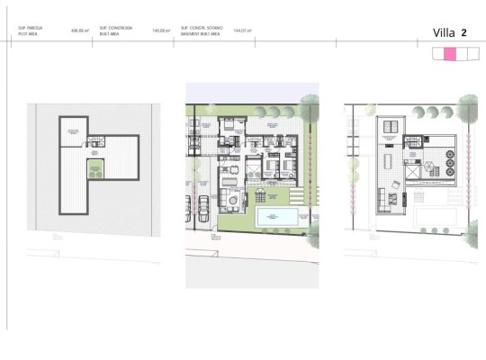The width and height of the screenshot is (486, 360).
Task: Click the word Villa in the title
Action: coord(443,32)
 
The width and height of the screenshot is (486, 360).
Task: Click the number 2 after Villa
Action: coord(463,32)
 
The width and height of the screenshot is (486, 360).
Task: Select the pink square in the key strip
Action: coord(449,55)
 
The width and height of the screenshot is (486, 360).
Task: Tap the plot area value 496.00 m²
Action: coord(80,31)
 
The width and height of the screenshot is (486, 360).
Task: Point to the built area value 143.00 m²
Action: coord(161,31)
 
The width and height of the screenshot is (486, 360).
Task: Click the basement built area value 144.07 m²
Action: coord(242,31)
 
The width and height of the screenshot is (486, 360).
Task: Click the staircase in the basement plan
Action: coord(95,141)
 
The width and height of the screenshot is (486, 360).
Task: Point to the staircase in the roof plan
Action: coord(413,141)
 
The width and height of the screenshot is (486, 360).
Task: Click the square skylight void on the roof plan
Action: coord(413,171)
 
